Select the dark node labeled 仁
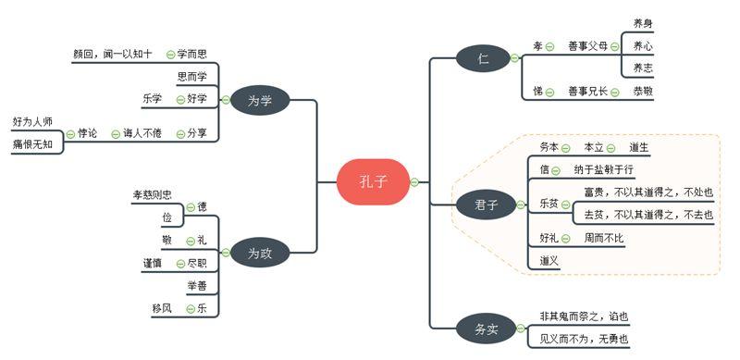point(483,57)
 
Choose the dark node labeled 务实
point(486,328)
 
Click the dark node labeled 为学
point(260,100)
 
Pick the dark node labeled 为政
point(260,252)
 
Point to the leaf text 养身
point(644,22)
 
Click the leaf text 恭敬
point(644,91)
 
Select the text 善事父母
point(587,45)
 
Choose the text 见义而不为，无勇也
point(584,340)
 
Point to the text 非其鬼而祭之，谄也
point(584,317)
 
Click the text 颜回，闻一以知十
point(113,54)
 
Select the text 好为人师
point(32,121)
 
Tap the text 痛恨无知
point(32,144)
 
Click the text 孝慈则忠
point(153,194)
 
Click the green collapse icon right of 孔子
point(414,182)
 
